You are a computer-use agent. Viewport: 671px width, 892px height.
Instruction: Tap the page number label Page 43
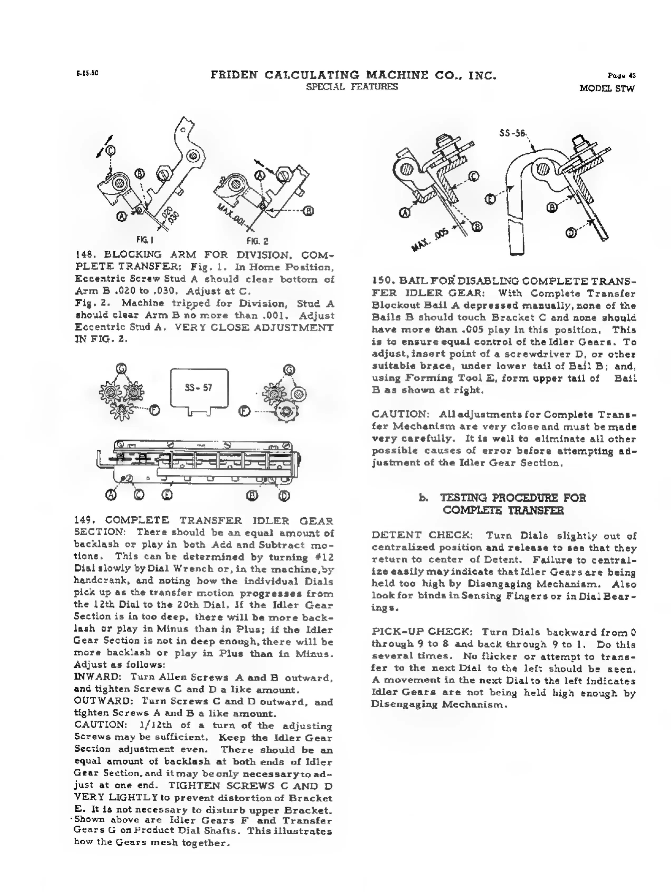point(622,75)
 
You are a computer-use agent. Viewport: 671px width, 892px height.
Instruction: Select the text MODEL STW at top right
point(607,88)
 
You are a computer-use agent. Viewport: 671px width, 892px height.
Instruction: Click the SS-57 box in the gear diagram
point(199,388)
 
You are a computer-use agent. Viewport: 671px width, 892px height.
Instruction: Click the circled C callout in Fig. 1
point(110,151)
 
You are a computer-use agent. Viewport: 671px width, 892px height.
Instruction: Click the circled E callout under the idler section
point(167,495)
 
